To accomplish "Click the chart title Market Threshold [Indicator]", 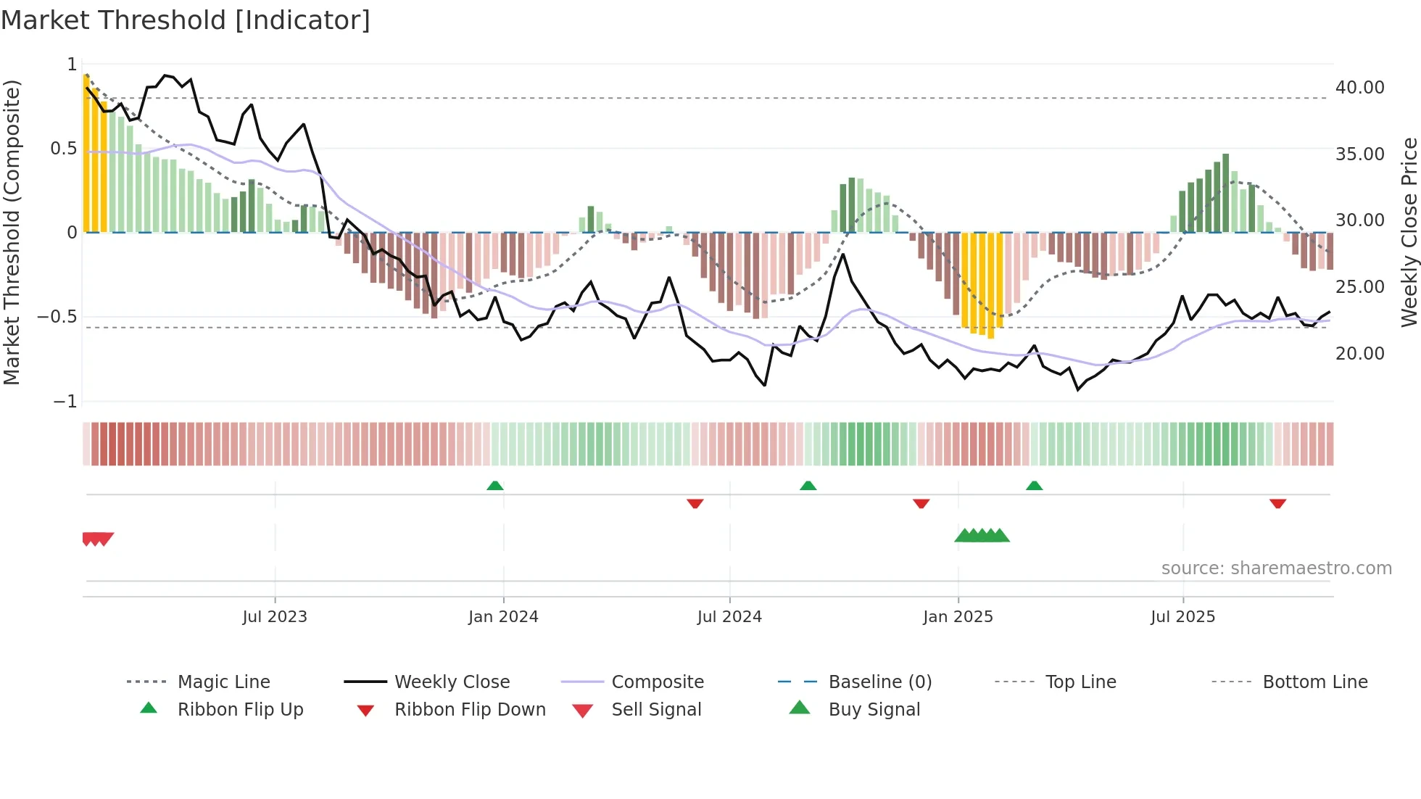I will (x=186, y=20).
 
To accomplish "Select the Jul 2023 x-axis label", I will (x=275, y=617).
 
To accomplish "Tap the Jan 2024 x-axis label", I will (x=503, y=617).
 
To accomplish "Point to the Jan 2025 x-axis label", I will (x=958, y=617).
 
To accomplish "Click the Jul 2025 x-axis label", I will (x=1182, y=617).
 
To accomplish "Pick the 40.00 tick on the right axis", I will (x=1359, y=88).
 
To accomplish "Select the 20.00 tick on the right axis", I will (x=1359, y=354).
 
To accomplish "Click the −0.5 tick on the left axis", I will (x=57, y=317).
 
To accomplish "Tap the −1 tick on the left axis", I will (x=65, y=402).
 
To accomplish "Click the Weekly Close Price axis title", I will (x=1409, y=232).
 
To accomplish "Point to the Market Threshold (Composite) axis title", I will (x=12, y=232).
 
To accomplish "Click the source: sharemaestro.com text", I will (x=1276, y=568).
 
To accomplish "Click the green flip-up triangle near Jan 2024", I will (x=495, y=486).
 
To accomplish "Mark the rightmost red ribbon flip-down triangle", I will (x=1277, y=503).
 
